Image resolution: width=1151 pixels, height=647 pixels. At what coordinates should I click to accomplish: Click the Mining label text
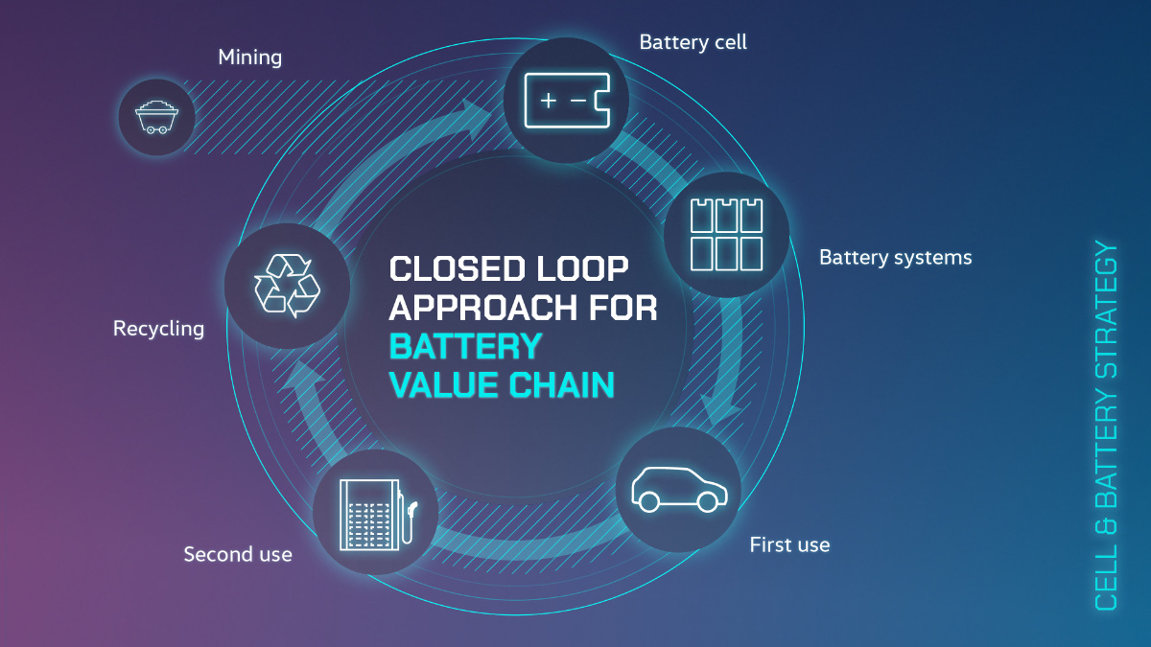coord(249,58)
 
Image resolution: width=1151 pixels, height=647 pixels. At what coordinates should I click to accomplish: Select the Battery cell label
coord(693,42)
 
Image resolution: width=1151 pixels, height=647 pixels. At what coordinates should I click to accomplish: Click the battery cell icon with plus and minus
coord(566,100)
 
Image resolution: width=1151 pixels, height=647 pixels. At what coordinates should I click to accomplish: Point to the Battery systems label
coord(895,258)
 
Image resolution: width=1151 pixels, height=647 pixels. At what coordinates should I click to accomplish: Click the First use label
coord(789,545)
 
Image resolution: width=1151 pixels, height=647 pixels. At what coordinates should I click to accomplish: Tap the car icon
coord(678,489)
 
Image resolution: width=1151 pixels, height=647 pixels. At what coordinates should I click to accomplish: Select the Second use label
coord(238,554)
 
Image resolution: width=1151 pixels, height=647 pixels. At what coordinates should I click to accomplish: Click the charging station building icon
coord(374,514)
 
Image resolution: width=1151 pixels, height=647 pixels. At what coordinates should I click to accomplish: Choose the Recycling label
coord(158,329)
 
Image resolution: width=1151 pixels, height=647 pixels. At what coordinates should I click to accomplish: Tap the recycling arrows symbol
coord(286,285)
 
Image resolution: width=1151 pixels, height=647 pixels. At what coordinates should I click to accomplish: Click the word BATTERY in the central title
coord(466,346)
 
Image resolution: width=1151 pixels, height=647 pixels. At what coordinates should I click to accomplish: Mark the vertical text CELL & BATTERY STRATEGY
coord(1106,427)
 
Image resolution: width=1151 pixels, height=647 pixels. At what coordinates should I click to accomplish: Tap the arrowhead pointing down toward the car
coord(721,414)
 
